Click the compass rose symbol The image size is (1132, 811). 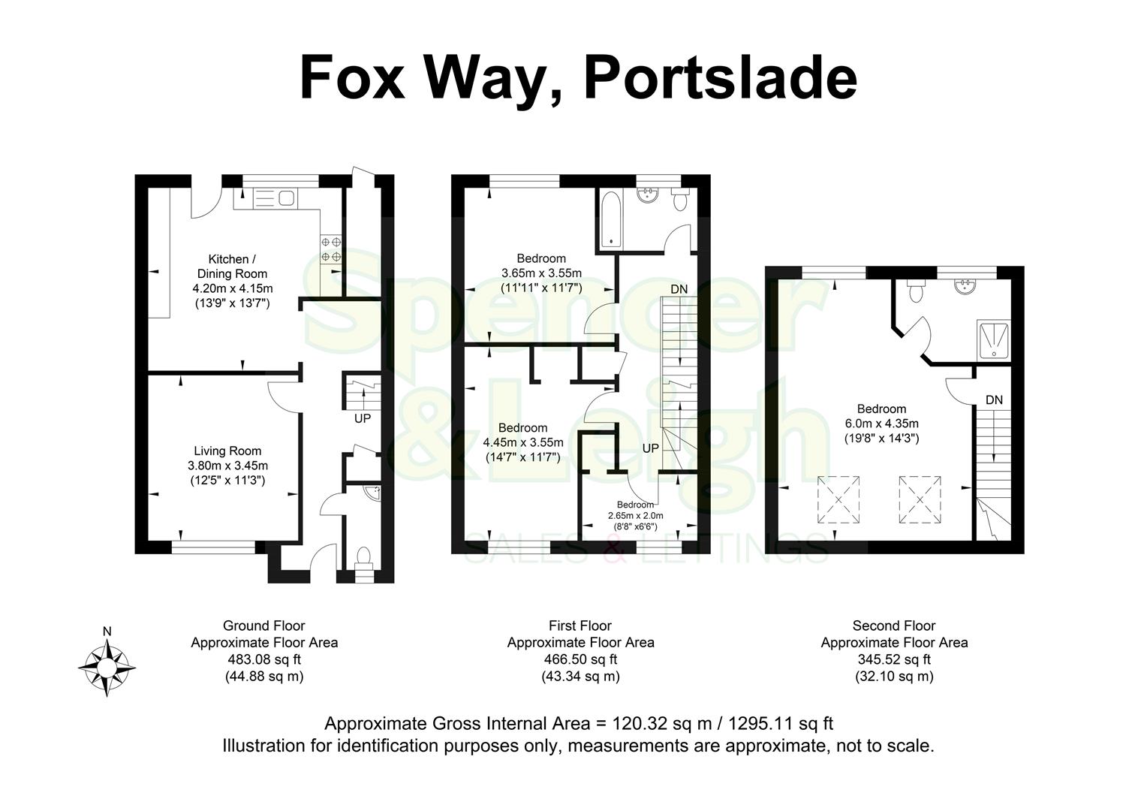click(x=107, y=665)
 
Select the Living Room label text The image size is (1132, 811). click(x=227, y=451)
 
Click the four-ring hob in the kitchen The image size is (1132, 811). click(x=332, y=249)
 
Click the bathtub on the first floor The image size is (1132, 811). click(x=610, y=218)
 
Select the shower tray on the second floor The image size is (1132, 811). click(x=995, y=339)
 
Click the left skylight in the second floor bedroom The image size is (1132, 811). click(x=839, y=499)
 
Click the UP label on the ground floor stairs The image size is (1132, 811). click(x=363, y=418)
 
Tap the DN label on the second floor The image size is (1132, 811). click(x=994, y=400)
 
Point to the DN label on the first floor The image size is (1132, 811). click(x=679, y=289)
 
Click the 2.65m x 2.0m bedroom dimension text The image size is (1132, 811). click(x=636, y=516)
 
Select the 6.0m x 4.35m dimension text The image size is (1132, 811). click(x=881, y=424)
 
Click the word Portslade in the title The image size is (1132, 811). click(x=719, y=77)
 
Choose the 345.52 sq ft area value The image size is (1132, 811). click(x=894, y=659)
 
